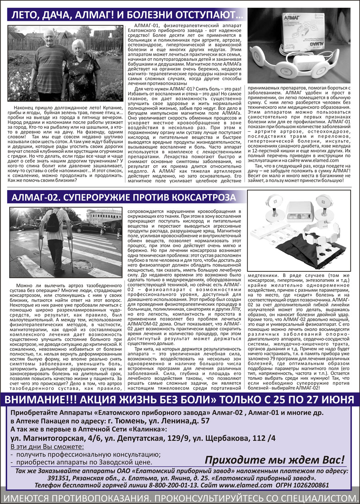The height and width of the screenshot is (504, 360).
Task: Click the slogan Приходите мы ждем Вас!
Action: point(275,459)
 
